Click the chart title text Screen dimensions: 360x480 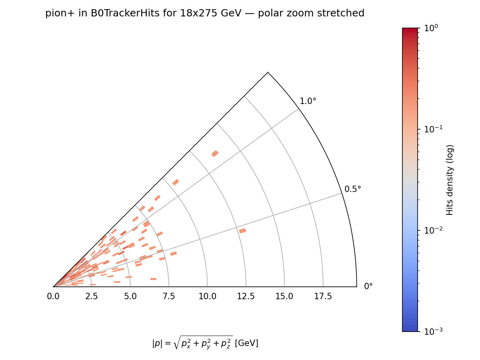pyautogui.click(x=205, y=14)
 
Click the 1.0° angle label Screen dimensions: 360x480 pyautogui.click(x=308, y=101)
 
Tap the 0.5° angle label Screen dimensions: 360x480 pyautogui.click(x=353, y=189)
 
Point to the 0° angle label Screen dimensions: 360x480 pyautogui.click(x=368, y=286)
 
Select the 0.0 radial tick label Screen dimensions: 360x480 pyautogui.click(x=53, y=296)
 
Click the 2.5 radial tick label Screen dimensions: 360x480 pyautogui.click(x=92, y=296)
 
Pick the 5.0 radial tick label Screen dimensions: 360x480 pyautogui.click(x=130, y=296)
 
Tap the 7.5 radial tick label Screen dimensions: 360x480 pyautogui.click(x=169, y=296)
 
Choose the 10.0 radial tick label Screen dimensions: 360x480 pyautogui.click(x=207, y=296)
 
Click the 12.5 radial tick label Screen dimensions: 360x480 pyautogui.click(x=246, y=296)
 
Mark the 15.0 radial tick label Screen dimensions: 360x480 pyautogui.click(x=284, y=296)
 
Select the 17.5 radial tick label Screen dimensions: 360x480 pyautogui.click(x=323, y=296)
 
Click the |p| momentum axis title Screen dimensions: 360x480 pyautogui.click(x=205, y=343)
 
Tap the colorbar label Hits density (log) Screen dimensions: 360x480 pyautogui.click(x=450, y=180)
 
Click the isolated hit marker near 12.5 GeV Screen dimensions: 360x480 pyautogui.click(x=242, y=231)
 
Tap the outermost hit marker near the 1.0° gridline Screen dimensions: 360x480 pyautogui.click(x=215, y=154)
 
